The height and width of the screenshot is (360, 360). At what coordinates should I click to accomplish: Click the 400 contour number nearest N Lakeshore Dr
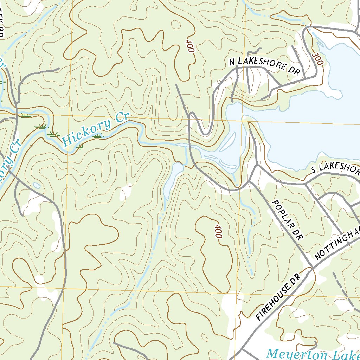click(189, 45)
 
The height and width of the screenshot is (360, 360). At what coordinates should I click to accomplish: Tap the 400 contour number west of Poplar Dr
click(218, 231)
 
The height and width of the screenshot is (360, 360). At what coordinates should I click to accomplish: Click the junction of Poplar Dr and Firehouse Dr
click(312, 268)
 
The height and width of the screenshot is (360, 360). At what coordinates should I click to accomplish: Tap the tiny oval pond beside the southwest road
click(36, 185)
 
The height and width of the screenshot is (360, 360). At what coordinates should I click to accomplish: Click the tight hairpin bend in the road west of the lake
click(205, 134)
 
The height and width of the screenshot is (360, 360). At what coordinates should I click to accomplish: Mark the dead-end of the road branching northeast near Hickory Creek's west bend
click(58, 69)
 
